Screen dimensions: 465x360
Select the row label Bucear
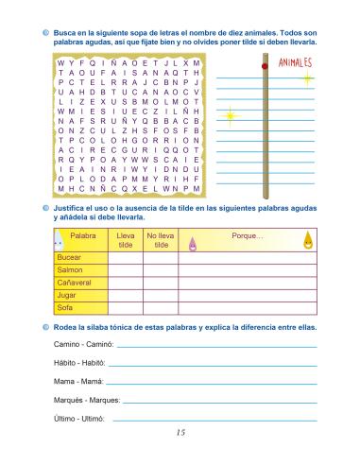(69, 257)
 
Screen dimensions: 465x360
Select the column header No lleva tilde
(162, 239)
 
